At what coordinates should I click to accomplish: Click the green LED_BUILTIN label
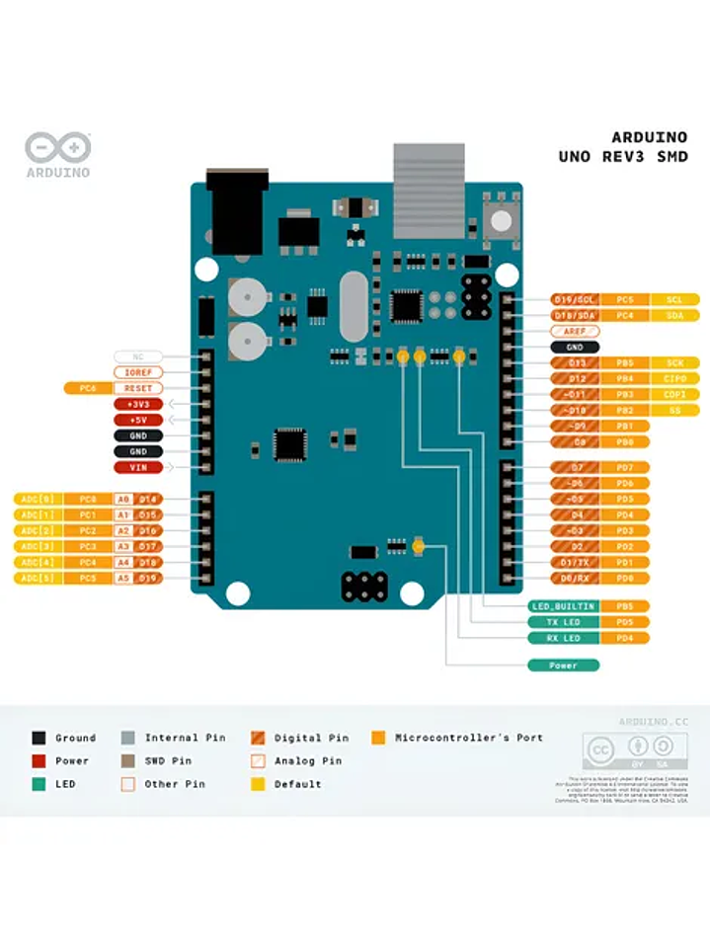pyautogui.click(x=563, y=606)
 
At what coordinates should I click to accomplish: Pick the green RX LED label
pyautogui.click(x=563, y=638)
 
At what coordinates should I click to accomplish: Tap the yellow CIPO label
pyautogui.click(x=674, y=379)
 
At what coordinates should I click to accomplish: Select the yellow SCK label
pyautogui.click(x=674, y=363)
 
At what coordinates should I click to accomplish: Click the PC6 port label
pyautogui.click(x=86, y=388)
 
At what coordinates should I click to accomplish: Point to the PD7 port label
pyautogui.click(x=624, y=467)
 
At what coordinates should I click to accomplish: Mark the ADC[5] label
pyautogui.click(x=39, y=578)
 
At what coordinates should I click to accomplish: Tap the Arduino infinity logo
pyautogui.click(x=57, y=148)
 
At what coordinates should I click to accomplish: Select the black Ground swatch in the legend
pyautogui.click(x=39, y=738)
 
